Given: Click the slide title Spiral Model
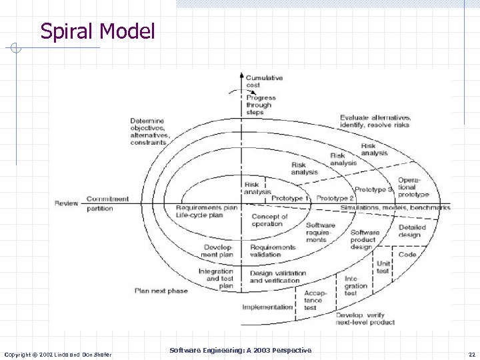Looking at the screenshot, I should point(97,31).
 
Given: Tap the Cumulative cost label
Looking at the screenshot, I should point(264,81).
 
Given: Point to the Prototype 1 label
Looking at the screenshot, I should point(291,199).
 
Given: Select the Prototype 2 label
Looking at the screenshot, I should point(335,199).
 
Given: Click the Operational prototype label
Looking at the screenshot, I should point(413,187).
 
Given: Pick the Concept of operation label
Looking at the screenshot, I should point(269,220).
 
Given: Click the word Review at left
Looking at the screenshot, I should point(67,203).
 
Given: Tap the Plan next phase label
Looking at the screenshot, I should point(161,291).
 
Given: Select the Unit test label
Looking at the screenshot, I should point(383,267).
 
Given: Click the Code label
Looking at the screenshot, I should point(407,254).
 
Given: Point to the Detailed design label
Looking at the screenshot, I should point(411,231).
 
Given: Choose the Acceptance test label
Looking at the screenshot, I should point(313,300).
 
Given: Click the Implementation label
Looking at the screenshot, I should point(267,307).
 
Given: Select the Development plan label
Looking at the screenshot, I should point(217,251).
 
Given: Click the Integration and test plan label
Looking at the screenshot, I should point(216,279).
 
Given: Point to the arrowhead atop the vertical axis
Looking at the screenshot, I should point(242,75).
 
